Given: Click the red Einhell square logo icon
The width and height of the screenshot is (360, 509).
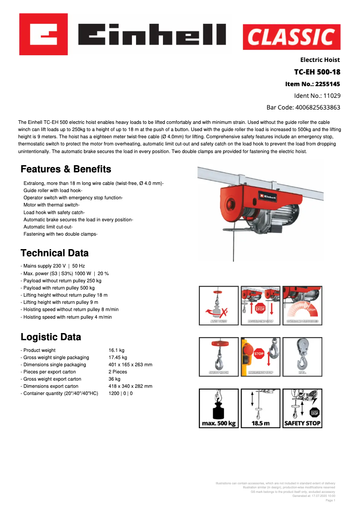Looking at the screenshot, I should pyautogui.click(x=44, y=35).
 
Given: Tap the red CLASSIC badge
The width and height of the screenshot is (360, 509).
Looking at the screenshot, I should pyautogui.click(x=291, y=37).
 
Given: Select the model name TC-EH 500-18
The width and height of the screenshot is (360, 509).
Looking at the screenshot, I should pyautogui.click(x=316, y=72).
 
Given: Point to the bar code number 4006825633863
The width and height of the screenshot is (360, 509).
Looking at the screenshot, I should pyautogui.click(x=317, y=107).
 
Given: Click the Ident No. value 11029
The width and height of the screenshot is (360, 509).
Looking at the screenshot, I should pyautogui.click(x=332, y=96).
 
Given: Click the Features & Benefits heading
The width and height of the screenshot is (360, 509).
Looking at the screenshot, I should pyautogui.click(x=66, y=169).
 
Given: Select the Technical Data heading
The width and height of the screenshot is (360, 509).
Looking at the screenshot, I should pyautogui.click(x=54, y=253).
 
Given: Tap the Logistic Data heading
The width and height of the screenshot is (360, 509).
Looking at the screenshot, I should pyautogui.click(x=51, y=337).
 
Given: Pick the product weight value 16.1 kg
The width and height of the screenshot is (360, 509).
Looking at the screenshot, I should pyautogui.click(x=116, y=350).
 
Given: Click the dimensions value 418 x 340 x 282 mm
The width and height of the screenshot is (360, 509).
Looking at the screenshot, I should pyautogui.click(x=130, y=386).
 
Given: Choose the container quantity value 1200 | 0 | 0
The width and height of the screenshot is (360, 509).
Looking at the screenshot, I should pyautogui.click(x=120, y=393).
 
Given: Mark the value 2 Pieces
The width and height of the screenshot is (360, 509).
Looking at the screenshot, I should pyautogui.click(x=118, y=372).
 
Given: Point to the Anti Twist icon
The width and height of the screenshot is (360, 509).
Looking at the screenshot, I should pyautogui.click(x=219, y=306).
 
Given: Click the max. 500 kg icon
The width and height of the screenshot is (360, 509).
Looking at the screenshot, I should pyautogui.click(x=219, y=408).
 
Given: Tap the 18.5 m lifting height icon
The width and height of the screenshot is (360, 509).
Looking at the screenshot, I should pyautogui.click(x=260, y=408).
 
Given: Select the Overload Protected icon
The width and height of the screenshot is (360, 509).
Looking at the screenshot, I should pyautogui.click(x=302, y=306).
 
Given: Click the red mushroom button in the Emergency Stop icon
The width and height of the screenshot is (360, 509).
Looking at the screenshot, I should pyautogui.click(x=259, y=353).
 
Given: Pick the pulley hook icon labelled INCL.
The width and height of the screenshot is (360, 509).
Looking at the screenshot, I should pyautogui.click(x=302, y=356).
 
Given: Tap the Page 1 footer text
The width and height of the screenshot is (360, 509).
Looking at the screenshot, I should pyautogui.click(x=330, y=500).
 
